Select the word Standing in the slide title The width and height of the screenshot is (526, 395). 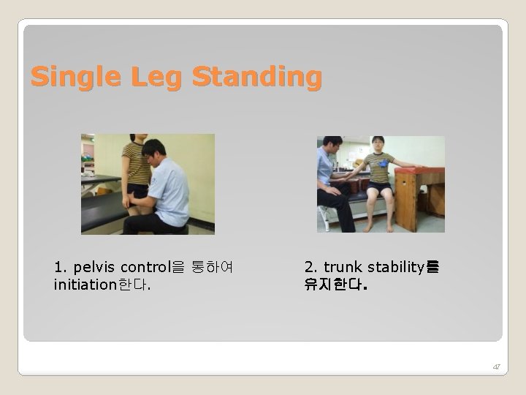click(x=256, y=77)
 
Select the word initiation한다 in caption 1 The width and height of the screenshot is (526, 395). click(x=102, y=283)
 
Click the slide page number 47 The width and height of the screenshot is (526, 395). click(x=496, y=366)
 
